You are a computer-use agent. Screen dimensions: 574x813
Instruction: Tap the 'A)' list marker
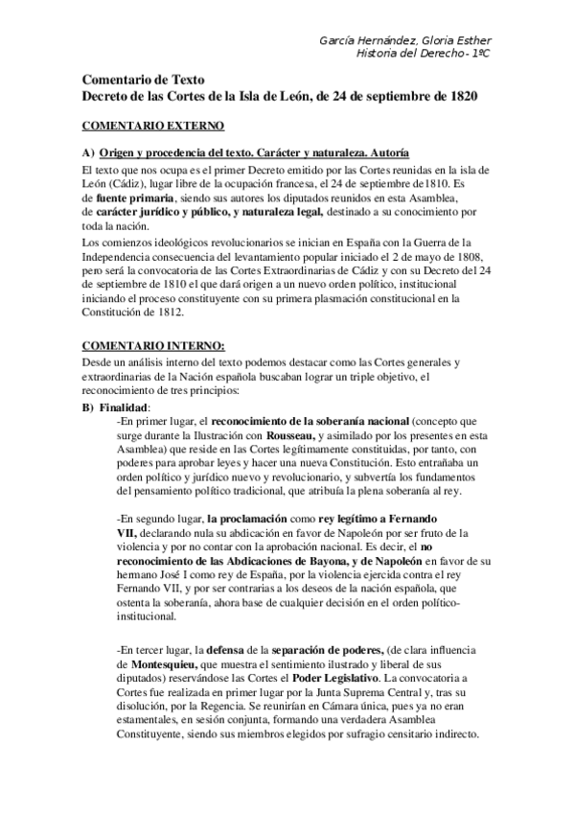coord(88,153)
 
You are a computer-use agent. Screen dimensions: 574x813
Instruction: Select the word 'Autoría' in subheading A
coord(390,153)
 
